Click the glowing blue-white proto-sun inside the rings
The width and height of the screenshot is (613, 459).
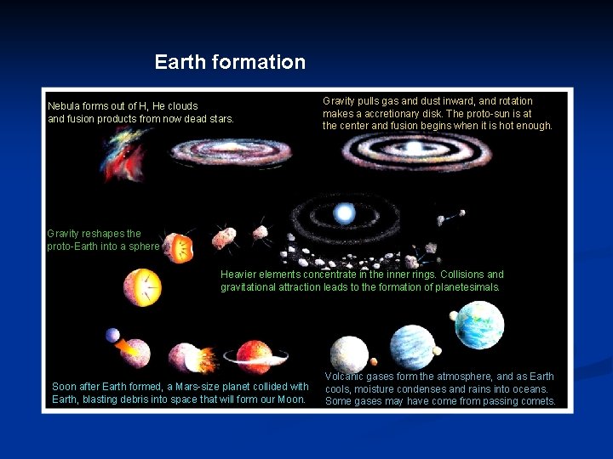pyautogui.click(x=344, y=212)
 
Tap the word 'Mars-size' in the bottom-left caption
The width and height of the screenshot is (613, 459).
pyautogui.click(x=199, y=387)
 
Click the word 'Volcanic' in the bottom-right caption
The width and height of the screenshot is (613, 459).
pyautogui.click(x=345, y=377)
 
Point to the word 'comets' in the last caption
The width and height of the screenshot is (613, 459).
pyautogui.click(x=537, y=401)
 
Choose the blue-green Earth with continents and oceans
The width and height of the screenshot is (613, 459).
pyautogui.click(x=478, y=326)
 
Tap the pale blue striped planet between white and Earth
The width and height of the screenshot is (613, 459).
pyautogui.click(x=412, y=346)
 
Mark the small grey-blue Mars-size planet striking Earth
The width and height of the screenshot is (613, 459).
pyautogui.click(x=112, y=336)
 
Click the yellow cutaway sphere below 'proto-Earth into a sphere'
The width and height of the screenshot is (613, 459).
pyautogui.click(x=142, y=287)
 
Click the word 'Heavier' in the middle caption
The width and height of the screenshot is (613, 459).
pyautogui.click(x=238, y=275)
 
